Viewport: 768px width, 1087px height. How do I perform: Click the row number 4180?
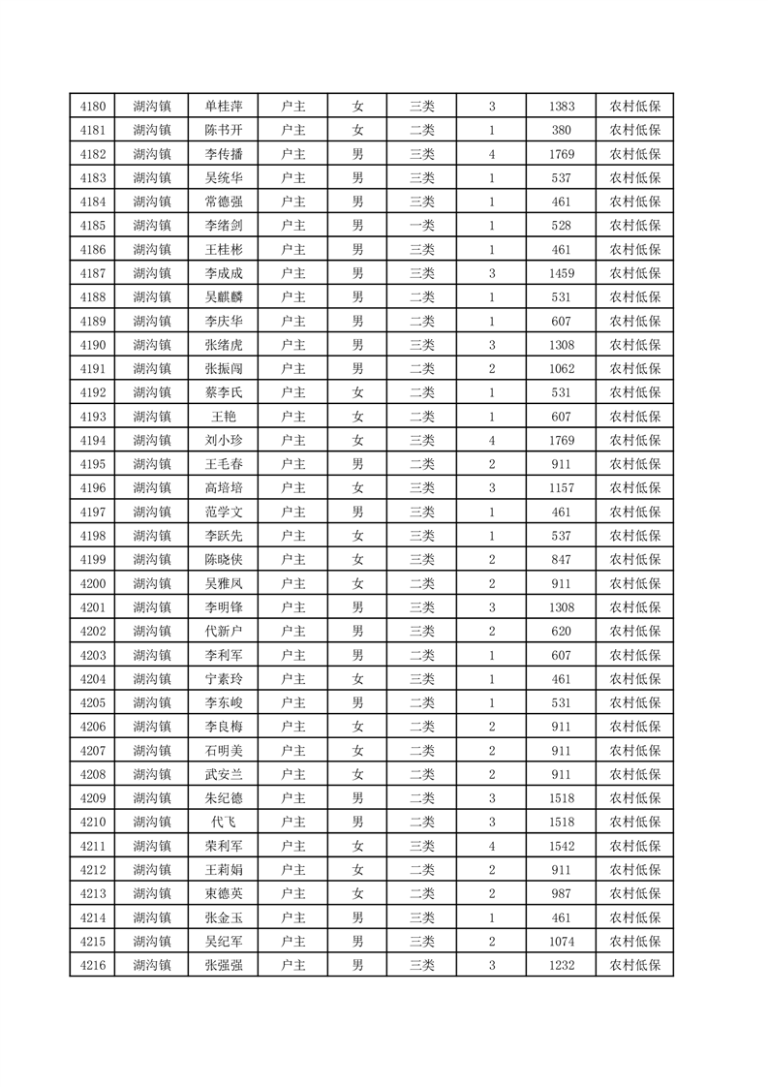92,107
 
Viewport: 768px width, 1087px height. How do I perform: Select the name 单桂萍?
224,107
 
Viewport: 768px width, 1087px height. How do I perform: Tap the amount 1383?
561,107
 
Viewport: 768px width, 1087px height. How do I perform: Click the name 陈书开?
224,130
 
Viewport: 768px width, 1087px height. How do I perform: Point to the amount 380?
561,130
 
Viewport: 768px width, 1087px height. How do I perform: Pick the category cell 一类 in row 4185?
421,226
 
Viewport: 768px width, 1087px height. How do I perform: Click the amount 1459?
561,273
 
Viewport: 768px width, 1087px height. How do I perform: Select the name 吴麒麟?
224,297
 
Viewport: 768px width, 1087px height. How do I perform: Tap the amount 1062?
561,369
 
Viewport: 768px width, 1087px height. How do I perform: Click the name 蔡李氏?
224,392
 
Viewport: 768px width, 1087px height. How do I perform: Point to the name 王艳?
224,417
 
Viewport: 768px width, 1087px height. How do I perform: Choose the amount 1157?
561,488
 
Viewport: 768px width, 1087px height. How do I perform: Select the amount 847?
561,560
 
